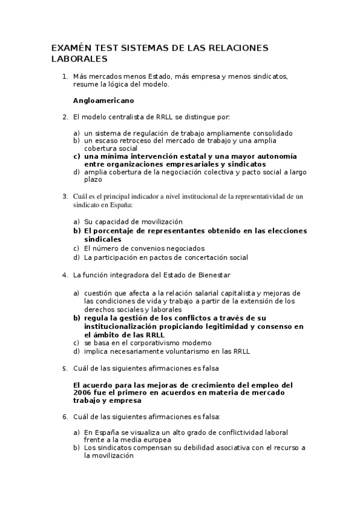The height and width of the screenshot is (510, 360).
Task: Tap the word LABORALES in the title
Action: coord(79,59)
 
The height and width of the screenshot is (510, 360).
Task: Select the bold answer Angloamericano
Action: coord(103,100)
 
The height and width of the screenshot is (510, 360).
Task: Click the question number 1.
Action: coord(64,76)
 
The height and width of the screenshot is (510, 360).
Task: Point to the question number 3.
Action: coord(64,195)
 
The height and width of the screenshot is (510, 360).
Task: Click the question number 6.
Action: coord(64,416)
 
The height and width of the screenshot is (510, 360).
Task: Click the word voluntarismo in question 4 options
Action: coord(181,351)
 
